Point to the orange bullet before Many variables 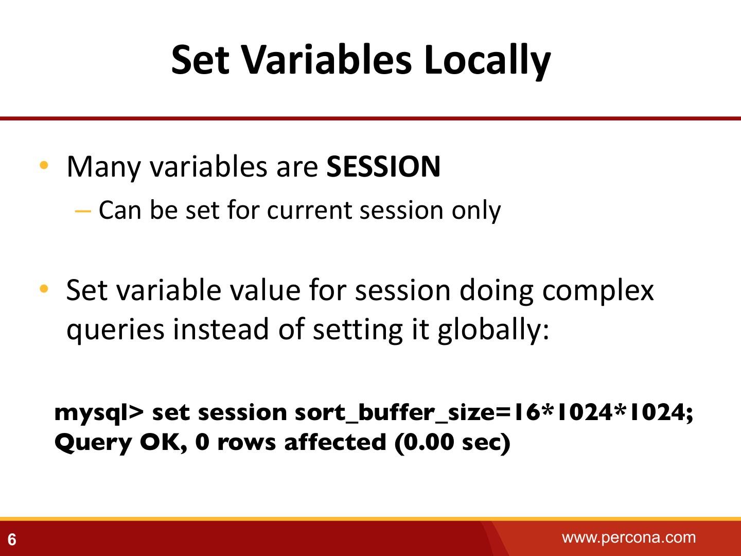[44, 165]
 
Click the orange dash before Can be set [83, 212]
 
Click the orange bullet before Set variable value [44, 289]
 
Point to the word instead [221, 329]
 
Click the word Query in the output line [93, 443]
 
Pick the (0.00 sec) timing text [452, 442]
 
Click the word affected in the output [335, 442]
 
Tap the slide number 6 [12, 540]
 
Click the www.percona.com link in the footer [629, 538]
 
